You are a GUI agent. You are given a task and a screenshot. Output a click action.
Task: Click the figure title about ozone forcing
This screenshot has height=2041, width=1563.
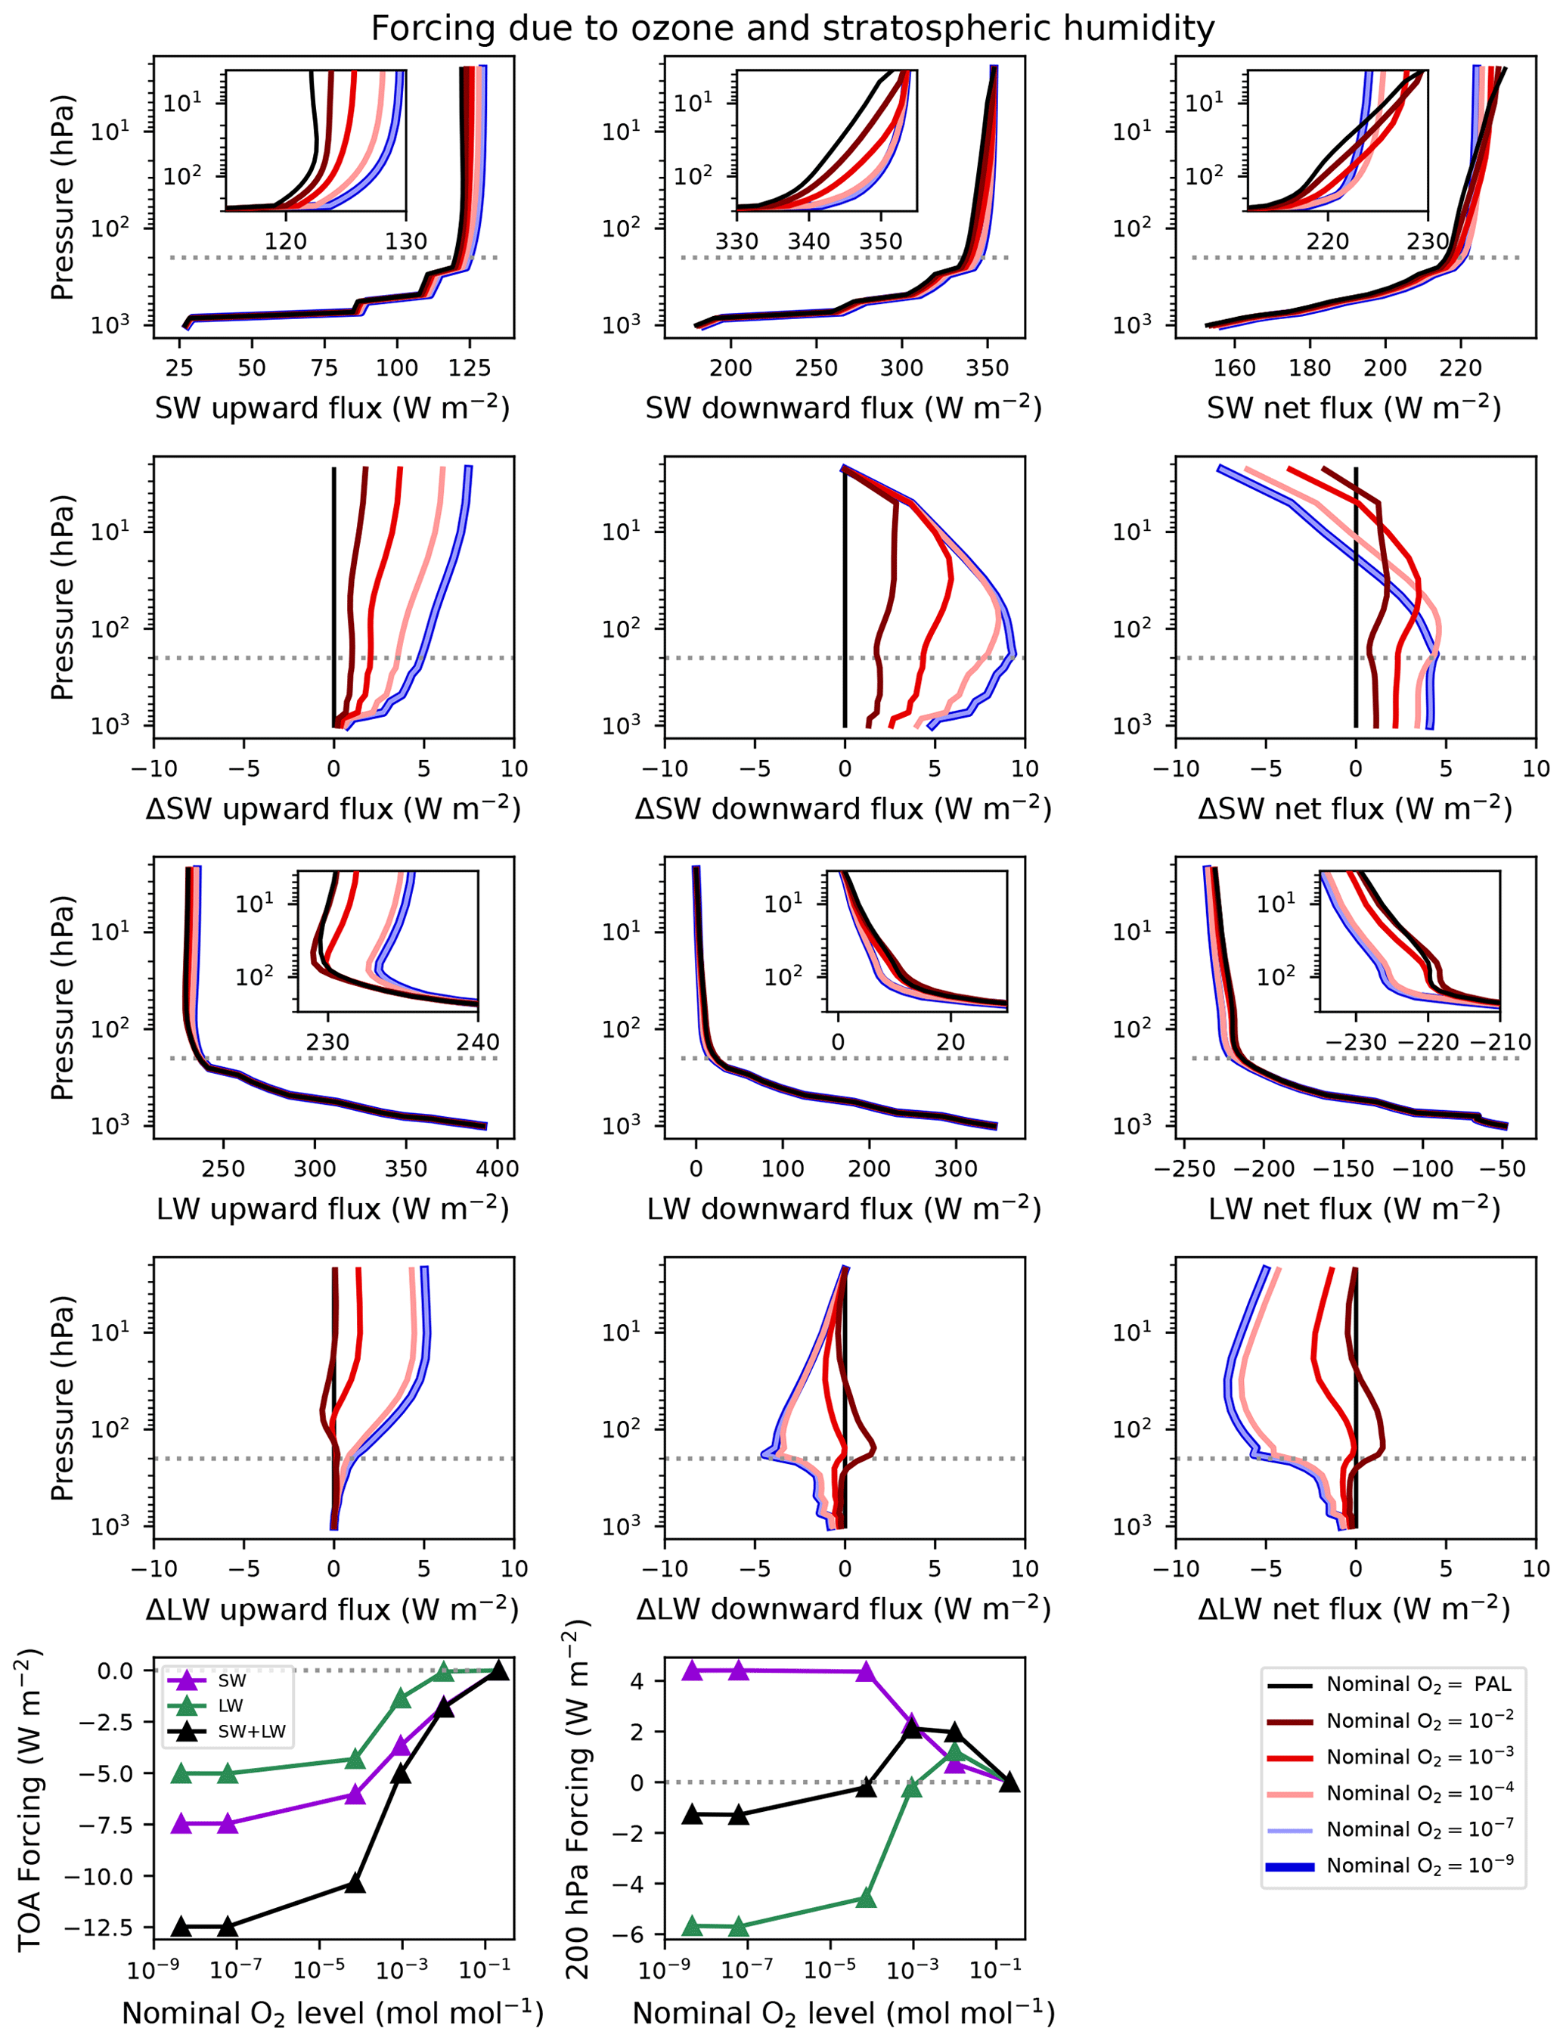[792, 29]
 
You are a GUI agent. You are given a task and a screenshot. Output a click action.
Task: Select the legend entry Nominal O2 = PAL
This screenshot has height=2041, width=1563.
[1418, 1684]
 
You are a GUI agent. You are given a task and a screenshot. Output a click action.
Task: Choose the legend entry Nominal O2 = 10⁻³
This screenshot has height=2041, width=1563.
[1418, 1757]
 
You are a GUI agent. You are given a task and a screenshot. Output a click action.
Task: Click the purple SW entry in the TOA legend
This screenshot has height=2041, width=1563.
[231, 1680]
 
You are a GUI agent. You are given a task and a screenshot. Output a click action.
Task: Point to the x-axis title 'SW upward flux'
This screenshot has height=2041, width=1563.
[332, 408]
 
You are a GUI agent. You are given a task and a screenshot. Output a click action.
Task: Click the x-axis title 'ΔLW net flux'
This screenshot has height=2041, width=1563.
[1354, 1608]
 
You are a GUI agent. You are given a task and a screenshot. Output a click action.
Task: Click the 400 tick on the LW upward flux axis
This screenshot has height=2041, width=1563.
[497, 1168]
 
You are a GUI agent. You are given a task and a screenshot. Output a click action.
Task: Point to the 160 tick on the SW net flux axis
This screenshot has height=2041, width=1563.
[1235, 368]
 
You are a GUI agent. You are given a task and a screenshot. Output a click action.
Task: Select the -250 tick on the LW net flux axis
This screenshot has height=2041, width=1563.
[1184, 1168]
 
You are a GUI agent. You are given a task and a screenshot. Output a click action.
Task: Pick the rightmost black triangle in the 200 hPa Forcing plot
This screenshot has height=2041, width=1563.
[1009, 1782]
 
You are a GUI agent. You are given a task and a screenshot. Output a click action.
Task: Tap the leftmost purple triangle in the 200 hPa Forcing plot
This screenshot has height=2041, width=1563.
[692, 1670]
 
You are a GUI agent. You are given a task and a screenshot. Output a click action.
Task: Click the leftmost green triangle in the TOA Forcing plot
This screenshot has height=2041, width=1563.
[182, 1773]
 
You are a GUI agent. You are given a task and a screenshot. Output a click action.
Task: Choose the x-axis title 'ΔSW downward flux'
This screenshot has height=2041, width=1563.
[843, 808]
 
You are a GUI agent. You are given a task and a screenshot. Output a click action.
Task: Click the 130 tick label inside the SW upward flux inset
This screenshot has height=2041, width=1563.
[405, 241]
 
